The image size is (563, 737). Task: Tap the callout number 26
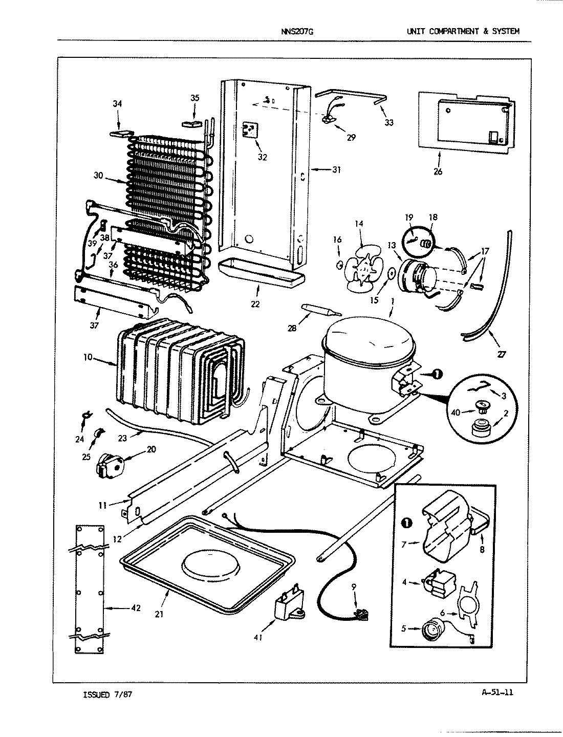(x=438, y=171)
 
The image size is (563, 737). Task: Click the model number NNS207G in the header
(x=297, y=31)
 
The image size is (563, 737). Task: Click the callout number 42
(x=135, y=608)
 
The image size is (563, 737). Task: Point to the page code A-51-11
(x=497, y=692)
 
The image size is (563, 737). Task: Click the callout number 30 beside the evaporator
(x=98, y=176)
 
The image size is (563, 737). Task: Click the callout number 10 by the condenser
(x=88, y=357)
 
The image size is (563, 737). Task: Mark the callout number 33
(x=389, y=123)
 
